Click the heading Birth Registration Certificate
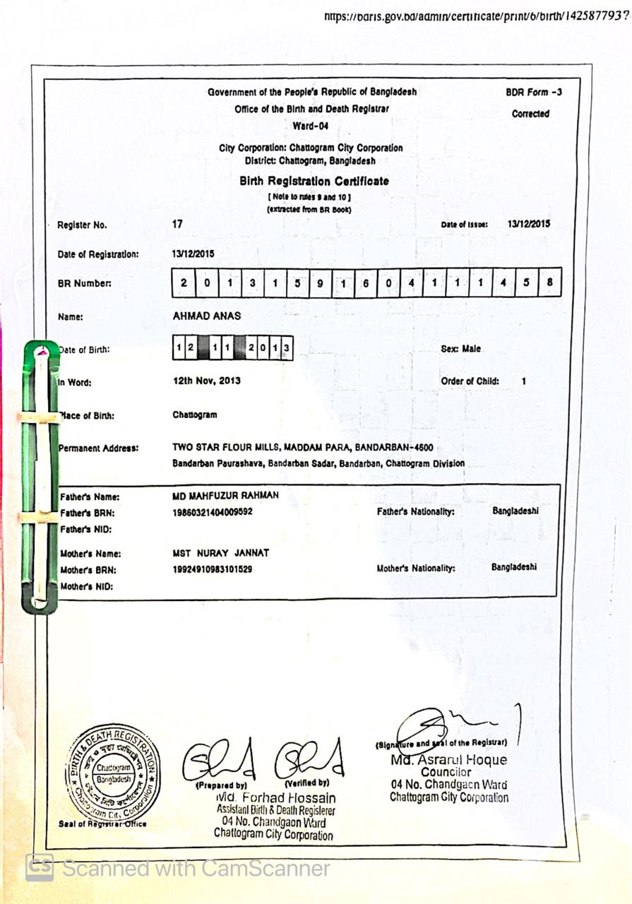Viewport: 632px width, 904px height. [x=314, y=181]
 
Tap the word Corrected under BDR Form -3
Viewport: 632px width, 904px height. [x=530, y=114]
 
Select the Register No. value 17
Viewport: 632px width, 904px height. [x=178, y=224]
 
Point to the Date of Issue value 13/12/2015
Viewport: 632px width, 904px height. [x=528, y=224]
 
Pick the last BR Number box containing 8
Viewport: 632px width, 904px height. [x=549, y=282]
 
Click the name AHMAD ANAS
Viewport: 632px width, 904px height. [x=201, y=316]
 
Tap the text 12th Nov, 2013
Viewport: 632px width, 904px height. [x=206, y=381]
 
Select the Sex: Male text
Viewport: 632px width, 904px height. [x=460, y=349]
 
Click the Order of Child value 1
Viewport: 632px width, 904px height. [x=523, y=381]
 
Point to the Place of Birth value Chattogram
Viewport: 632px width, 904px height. [x=194, y=415]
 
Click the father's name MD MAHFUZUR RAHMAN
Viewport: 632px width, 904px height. [x=225, y=496]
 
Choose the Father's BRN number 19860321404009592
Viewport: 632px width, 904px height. [x=213, y=512]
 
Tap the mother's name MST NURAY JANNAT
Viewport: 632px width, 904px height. [x=220, y=553]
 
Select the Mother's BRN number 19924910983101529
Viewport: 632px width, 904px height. [x=213, y=569]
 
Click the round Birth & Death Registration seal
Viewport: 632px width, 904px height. [x=113, y=773]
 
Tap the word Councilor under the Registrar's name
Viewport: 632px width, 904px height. [x=446, y=772]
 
